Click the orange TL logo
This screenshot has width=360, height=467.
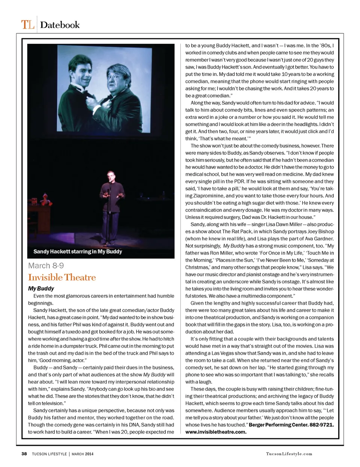click(27, 25)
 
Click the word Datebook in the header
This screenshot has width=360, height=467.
click(60, 25)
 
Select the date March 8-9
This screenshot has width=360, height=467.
click(46, 266)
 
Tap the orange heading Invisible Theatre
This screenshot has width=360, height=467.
click(62, 277)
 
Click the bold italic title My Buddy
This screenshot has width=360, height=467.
click(41, 288)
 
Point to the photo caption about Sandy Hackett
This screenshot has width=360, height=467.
click(78, 251)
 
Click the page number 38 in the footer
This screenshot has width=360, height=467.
click(24, 454)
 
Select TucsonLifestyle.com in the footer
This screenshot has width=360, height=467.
click(289, 454)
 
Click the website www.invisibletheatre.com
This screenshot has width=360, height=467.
click(216, 432)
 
